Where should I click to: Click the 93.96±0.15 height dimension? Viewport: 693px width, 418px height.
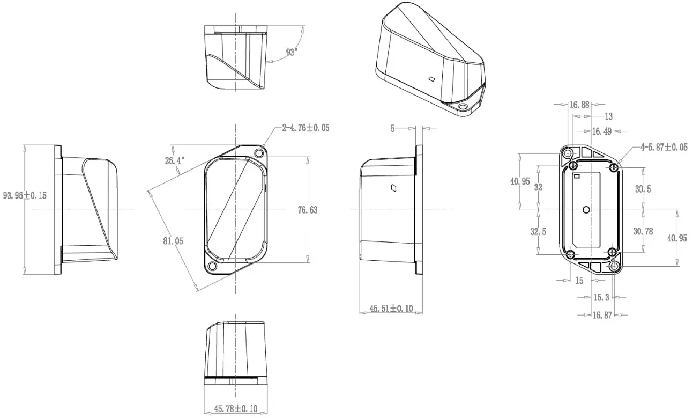click(25, 195)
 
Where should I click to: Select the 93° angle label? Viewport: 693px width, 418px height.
click(292, 52)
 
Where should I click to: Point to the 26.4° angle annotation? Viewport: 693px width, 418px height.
click(174, 160)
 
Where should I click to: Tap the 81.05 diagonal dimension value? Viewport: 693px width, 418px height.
click(173, 241)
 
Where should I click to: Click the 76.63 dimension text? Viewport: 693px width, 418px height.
click(308, 210)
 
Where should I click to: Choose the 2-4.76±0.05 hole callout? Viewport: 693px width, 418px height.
click(305, 128)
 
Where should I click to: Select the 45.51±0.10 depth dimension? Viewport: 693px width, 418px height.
click(391, 309)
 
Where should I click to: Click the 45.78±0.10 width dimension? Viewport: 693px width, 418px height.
click(236, 409)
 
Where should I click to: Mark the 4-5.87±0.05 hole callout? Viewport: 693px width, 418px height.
click(664, 147)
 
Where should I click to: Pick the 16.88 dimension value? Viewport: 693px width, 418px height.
click(579, 105)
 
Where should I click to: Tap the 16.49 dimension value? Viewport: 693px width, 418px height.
click(601, 131)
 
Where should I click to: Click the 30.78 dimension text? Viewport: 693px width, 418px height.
click(643, 231)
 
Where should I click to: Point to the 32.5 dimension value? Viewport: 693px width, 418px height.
click(538, 232)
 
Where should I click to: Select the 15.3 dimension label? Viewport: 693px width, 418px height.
click(601, 297)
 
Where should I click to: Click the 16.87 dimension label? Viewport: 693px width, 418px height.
click(602, 316)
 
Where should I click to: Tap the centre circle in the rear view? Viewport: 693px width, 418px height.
click(586, 209)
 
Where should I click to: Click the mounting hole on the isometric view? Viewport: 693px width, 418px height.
click(463, 107)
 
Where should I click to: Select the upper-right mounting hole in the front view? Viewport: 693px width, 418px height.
click(260, 153)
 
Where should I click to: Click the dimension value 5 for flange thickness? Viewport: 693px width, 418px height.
click(392, 128)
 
